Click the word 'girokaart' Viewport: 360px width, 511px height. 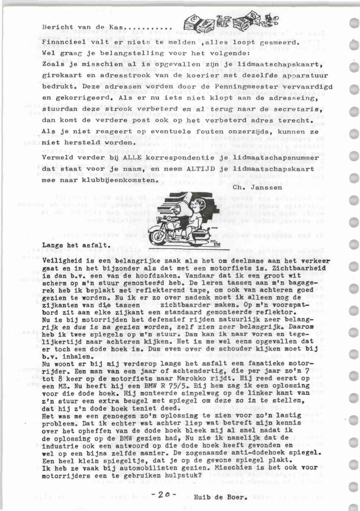click(59, 76)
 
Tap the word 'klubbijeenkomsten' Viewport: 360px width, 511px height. click(117, 180)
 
